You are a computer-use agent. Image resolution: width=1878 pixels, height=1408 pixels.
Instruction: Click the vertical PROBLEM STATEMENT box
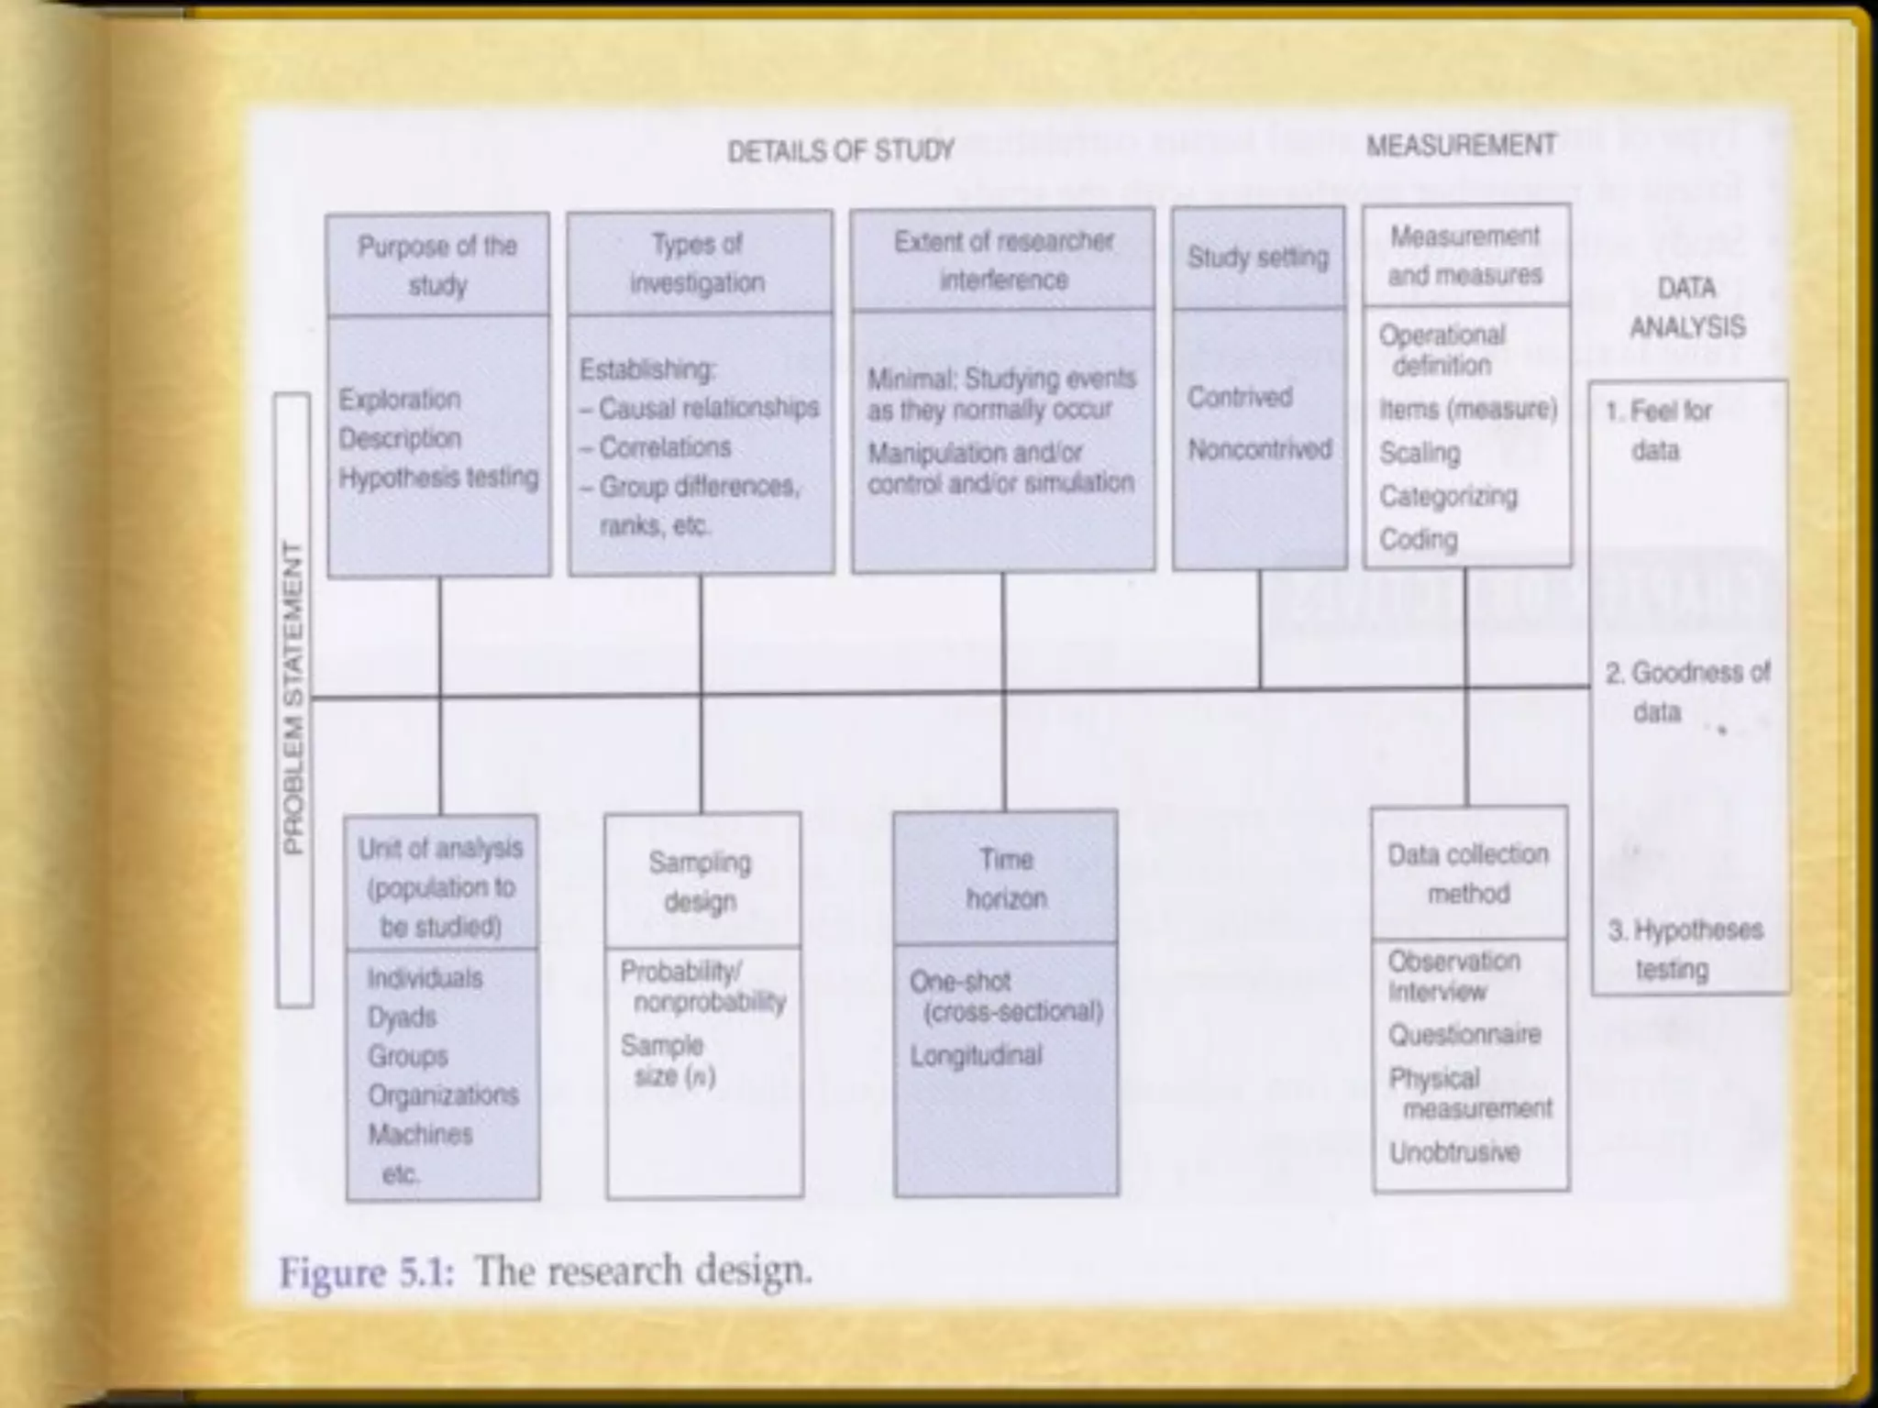click(293, 699)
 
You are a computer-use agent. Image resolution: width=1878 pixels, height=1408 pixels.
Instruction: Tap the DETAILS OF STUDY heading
click(840, 150)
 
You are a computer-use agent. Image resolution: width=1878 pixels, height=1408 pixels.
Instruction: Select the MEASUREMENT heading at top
click(1461, 145)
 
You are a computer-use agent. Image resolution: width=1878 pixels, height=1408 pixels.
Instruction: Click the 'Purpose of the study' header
click(438, 265)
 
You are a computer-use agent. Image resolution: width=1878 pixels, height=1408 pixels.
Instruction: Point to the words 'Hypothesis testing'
click(438, 478)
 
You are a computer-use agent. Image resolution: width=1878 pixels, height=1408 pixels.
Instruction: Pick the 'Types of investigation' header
click(699, 263)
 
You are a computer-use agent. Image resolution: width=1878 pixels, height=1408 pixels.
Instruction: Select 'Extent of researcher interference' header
click(1003, 260)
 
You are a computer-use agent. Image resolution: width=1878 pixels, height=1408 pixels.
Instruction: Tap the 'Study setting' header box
click(1258, 258)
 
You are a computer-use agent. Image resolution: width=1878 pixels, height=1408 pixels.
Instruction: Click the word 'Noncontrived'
click(1259, 449)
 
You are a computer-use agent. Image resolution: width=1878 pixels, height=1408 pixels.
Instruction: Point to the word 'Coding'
click(1418, 539)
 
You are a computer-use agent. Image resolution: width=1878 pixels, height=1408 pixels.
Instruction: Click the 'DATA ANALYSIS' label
click(1687, 308)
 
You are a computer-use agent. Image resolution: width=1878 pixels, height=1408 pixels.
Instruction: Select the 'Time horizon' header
click(1006, 878)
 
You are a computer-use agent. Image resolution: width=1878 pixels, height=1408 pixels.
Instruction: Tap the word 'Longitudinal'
click(976, 1055)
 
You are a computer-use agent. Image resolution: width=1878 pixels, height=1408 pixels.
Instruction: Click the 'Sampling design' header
click(701, 881)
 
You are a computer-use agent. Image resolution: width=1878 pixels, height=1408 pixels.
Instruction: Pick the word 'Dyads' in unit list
click(402, 1017)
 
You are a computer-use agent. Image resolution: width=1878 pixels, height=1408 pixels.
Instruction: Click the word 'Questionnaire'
click(1464, 1035)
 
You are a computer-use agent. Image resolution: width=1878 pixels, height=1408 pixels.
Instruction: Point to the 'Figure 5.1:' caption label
click(367, 1273)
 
